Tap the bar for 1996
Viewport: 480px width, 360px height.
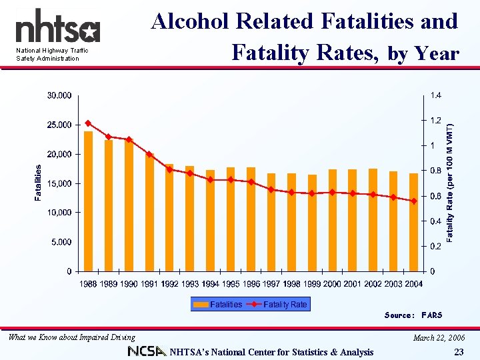(251, 219)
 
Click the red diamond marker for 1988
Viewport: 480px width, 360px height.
(88, 123)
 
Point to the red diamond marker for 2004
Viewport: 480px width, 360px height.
(413, 201)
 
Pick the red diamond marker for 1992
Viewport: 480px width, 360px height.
(169, 169)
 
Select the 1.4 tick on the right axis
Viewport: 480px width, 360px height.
(435, 95)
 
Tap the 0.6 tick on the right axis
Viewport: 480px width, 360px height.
(435, 196)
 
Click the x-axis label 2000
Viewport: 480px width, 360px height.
(332, 284)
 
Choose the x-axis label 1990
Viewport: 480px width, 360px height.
(129, 284)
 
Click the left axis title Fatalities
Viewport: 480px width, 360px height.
(39, 183)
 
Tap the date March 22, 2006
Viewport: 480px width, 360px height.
(438, 338)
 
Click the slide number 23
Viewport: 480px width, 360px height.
(458, 352)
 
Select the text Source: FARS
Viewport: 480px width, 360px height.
(413, 315)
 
